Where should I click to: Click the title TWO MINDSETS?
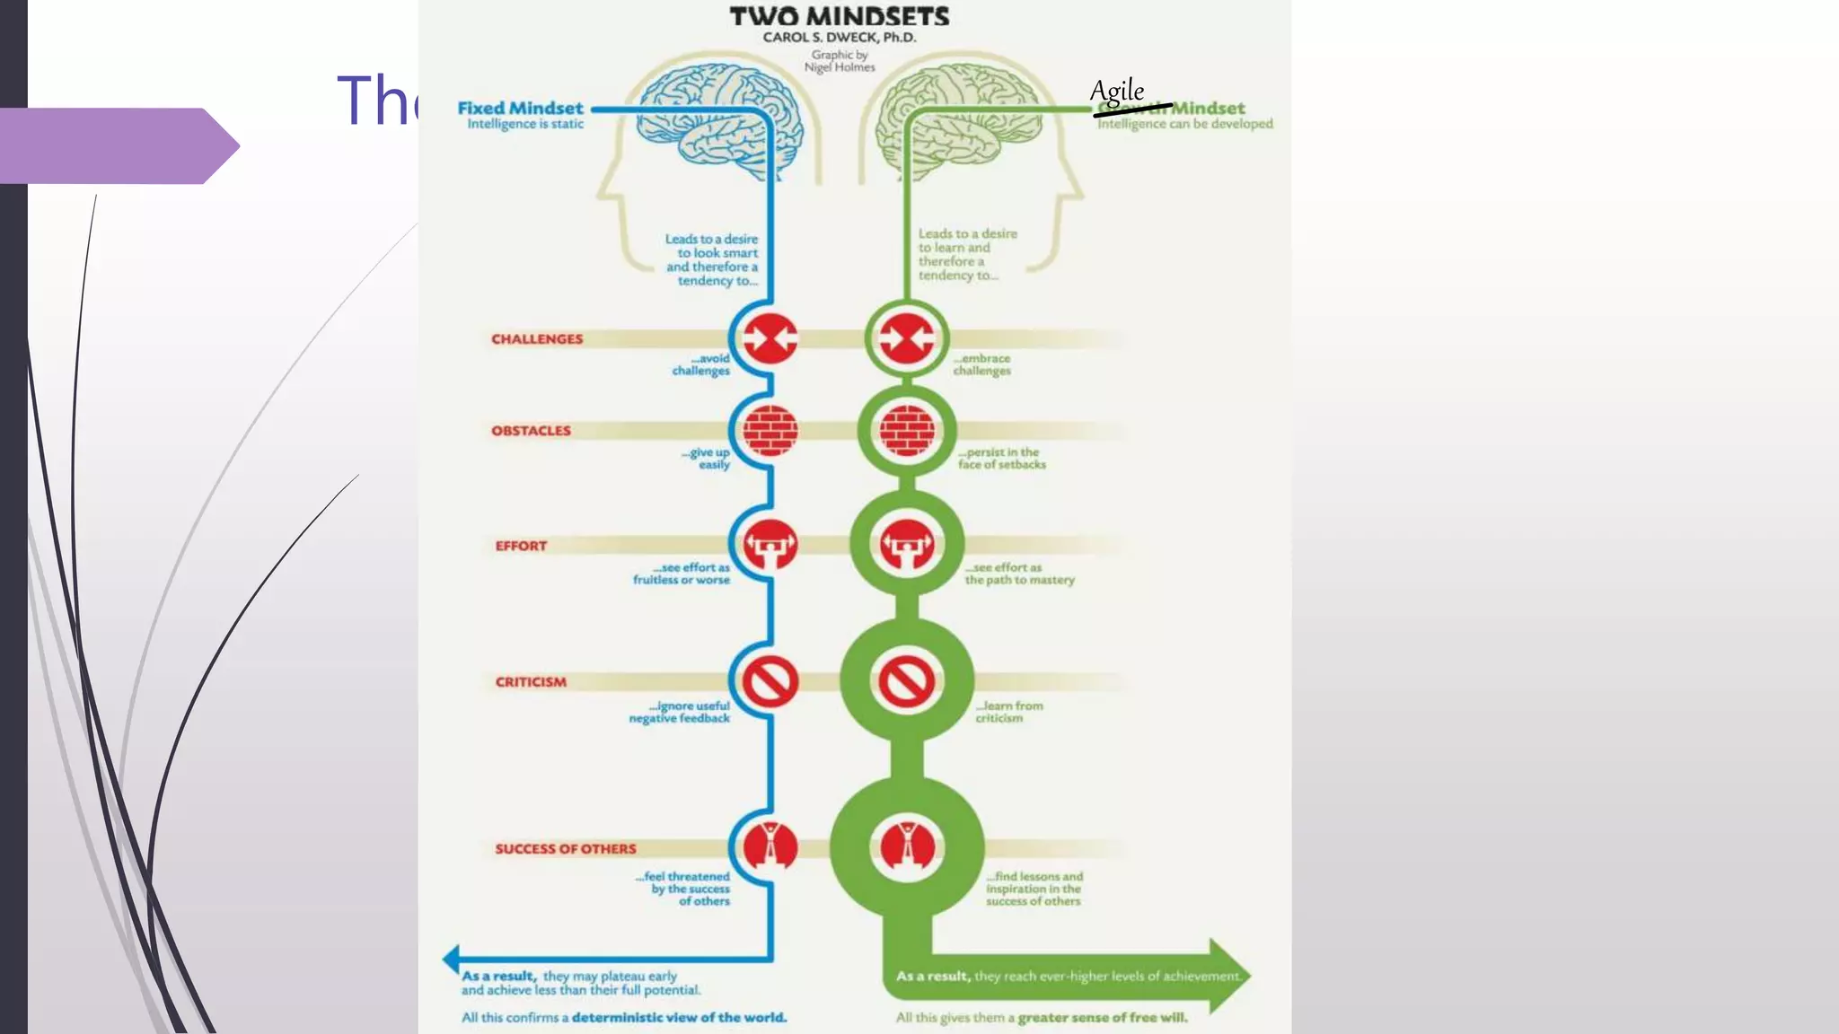pos(839,16)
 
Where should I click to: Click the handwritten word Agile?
pos(1116,92)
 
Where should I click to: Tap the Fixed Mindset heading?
pos(520,108)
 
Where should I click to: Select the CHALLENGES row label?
pos(536,339)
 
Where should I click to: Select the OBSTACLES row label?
pos(531,431)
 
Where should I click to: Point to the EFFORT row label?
pos(521,546)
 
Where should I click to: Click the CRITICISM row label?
pos(531,682)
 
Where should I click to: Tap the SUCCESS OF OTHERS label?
pos(565,849)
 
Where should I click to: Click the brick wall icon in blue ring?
pos(770,431)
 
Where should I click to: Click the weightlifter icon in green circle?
pos(907,544)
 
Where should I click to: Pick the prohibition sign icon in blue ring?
pos(770,682)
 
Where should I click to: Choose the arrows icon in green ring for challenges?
pos(907,339)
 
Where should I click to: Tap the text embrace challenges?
pos(981,364)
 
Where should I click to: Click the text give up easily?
pos(707,459)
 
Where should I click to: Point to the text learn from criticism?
pos(1008,712)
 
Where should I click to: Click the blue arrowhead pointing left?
pos(452,959)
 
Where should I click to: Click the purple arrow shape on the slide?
pos(117,145)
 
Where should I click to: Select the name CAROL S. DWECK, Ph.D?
pos(839,38)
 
